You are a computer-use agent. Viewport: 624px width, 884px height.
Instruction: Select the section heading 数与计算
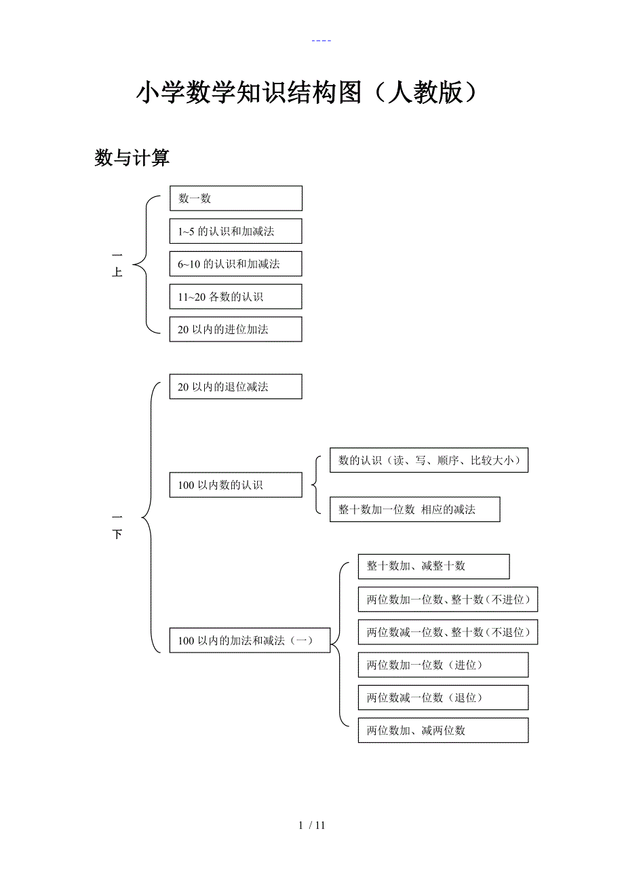(x=132, y=158)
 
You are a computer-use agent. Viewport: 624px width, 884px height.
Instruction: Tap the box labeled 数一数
(x=235, y=198)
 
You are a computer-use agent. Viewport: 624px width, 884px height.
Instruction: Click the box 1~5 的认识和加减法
(x=235, y=231)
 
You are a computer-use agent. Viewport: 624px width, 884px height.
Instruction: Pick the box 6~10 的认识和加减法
(x=235, y=263)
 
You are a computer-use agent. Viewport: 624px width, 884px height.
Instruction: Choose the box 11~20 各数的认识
(x=235, y=297)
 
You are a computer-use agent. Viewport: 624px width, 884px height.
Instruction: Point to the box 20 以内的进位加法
(x=235, y=329)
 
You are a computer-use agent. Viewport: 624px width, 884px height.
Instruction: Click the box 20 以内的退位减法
(x=235, y=386)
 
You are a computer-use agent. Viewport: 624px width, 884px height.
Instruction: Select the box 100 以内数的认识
(x=235, y=485)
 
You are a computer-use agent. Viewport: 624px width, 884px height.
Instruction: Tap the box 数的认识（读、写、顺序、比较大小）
(x=429, y=460)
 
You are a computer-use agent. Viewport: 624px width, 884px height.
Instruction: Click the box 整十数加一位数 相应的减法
(x=414, y=509)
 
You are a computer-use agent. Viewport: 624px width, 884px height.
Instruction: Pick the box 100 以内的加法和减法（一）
(x=250, y=640)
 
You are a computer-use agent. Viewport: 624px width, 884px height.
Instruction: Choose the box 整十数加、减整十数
(x=433, y=566)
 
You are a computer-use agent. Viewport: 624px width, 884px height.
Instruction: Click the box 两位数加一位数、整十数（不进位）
(x=448, y=600)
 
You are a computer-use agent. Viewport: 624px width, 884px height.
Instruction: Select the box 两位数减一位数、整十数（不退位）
(x=448, y=632)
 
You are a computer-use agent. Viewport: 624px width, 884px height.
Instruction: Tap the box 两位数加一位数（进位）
(x=443, y=665)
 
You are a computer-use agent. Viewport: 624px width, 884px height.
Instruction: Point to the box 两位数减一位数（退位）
(x=443, y=697)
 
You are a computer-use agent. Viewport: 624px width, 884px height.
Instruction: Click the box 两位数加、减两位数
(x=443, y=731)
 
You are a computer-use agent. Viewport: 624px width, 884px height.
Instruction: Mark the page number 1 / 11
(x=312, y=826)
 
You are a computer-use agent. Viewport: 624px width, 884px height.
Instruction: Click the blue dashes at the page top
(x=321, y=41)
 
